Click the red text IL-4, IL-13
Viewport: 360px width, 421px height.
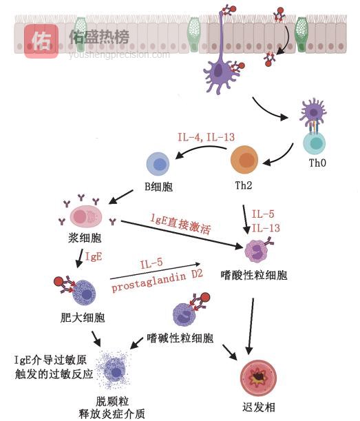[x=206, y=137]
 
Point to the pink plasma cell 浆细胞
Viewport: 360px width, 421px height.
[x=86, y=216]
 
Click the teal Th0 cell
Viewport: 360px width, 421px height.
[x=315, y=143]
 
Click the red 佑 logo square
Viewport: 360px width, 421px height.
[x=41, y=40]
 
